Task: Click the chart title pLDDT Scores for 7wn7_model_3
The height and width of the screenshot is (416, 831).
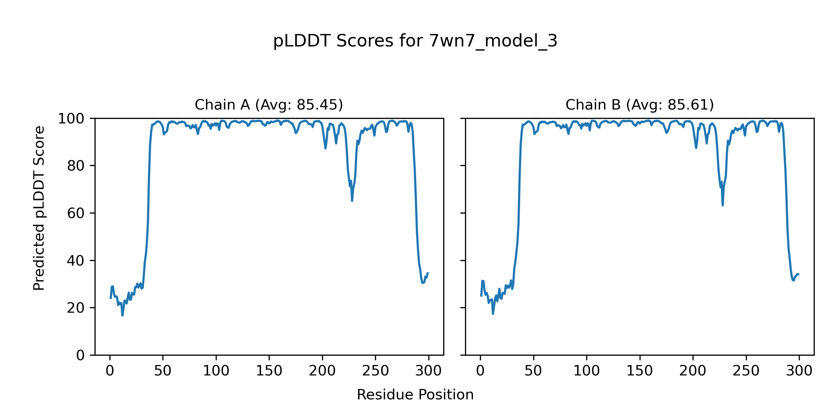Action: click(x=415, y=41)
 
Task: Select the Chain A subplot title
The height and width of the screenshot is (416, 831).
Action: click(x=269, y=105)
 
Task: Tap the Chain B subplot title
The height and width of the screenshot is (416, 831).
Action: click(x=640, y=105)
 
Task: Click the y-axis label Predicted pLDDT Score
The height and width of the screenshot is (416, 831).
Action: click(x=39, y=208)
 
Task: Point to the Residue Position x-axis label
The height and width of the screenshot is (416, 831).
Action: click(x=415, y=395)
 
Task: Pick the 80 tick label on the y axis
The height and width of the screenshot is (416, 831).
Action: click(x=76, y=166)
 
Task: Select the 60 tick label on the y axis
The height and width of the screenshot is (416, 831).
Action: click(x=76, y=213)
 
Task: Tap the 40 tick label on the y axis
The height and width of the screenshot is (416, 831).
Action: click(x=76, y=261)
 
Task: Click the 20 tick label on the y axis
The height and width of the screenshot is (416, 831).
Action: click(x=76, y=308)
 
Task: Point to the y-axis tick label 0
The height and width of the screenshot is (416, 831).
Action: click(x=80, y=355)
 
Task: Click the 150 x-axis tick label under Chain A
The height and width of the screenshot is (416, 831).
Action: click(x=269, y=371)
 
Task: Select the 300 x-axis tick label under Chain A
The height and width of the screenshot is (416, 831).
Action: click(x=429, y=371)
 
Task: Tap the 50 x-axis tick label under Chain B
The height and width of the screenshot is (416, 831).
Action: click(x=533, y=371)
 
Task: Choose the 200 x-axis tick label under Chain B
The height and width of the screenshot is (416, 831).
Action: click(x=692, y=371)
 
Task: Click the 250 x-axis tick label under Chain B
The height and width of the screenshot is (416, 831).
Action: click(x=746, y=371)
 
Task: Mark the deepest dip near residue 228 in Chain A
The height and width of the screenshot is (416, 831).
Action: click(x=352, y=200)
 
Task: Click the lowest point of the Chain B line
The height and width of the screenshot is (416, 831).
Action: click(x=493, y=314)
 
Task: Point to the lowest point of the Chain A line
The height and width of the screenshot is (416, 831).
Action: click(x=123, y=315)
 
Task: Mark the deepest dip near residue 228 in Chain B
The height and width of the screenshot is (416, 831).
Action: click(x=723, y=205)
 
